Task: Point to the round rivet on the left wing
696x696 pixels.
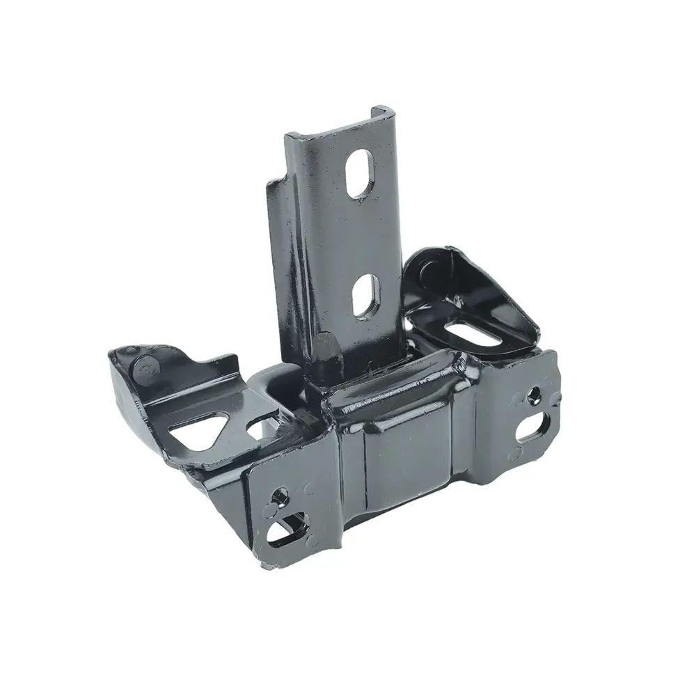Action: [146, 365]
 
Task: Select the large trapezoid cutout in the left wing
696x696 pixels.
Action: [201, 428]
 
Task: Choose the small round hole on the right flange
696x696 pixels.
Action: [534, 395]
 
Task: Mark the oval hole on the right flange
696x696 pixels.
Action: [535, 425]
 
